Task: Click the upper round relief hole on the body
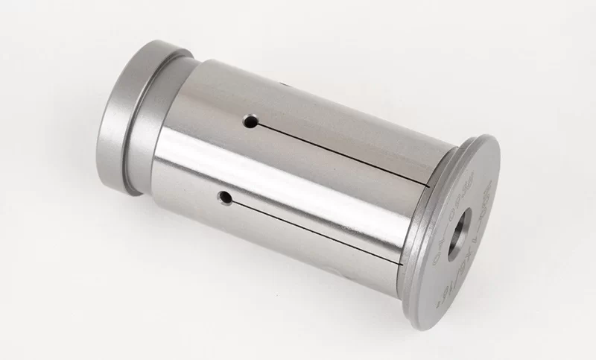[x=252, y=121]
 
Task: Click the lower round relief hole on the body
[x=223, y=197]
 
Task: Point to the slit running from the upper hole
[x=343, y=153]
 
